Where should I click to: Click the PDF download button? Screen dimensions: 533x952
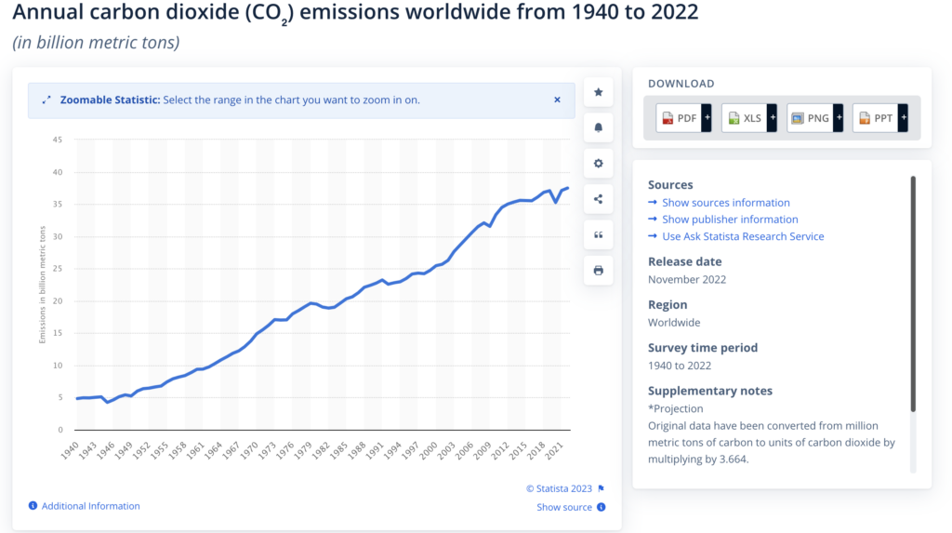click(x=684, y=118)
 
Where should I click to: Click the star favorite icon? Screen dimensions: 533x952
click(x=598, y=92)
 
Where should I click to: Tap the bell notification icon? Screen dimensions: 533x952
click(x=598, y=127)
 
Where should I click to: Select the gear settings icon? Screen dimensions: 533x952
click(x=598, y=163)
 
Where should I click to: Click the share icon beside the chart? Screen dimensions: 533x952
click(x=598, y=198)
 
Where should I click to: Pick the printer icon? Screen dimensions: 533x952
click(x=598, y=270)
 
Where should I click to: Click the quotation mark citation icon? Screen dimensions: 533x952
click(x=598, y=234)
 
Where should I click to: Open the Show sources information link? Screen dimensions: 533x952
click(x=725, y=203)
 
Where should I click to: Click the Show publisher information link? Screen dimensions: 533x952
click(x=730, y=220)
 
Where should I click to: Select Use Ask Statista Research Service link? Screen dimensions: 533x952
click(x=743, y=236)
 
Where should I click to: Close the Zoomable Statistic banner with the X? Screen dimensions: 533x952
click(x=558, y=100)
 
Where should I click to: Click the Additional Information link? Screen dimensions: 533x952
click(x=90, y=506)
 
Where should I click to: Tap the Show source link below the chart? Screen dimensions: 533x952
click(x=564, y=507)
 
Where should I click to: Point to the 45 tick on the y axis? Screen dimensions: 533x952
click(x=57, y=140)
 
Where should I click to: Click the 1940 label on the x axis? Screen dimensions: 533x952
click(x=71, y=450)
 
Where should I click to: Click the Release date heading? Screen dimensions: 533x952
click(x=684, y=261)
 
